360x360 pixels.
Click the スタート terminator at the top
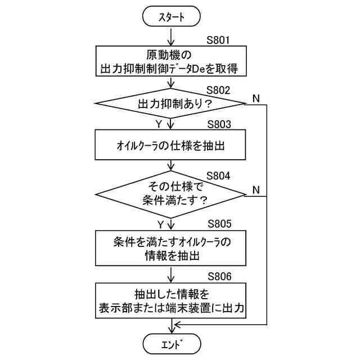pos(172,17)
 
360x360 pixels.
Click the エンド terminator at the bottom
pos(172,343)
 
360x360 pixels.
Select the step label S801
pos(219,40)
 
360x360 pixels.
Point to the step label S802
pos(219,90)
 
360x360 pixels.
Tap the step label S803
pos(219,125)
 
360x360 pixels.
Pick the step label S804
pos(219,175)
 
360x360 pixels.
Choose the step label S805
pos(219,223)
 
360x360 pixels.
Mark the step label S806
pos(219,276)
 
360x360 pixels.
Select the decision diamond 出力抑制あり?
pos(172,104)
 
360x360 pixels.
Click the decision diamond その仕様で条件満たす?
pos(172,193)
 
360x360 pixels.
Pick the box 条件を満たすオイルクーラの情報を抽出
pos(172,248)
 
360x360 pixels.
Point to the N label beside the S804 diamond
pos(256,189)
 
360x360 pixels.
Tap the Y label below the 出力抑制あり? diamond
pos(159,122)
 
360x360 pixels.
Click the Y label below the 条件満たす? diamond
pos(160,224)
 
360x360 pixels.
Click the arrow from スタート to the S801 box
pos(172,37)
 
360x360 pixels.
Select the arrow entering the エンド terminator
pos(172,326)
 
